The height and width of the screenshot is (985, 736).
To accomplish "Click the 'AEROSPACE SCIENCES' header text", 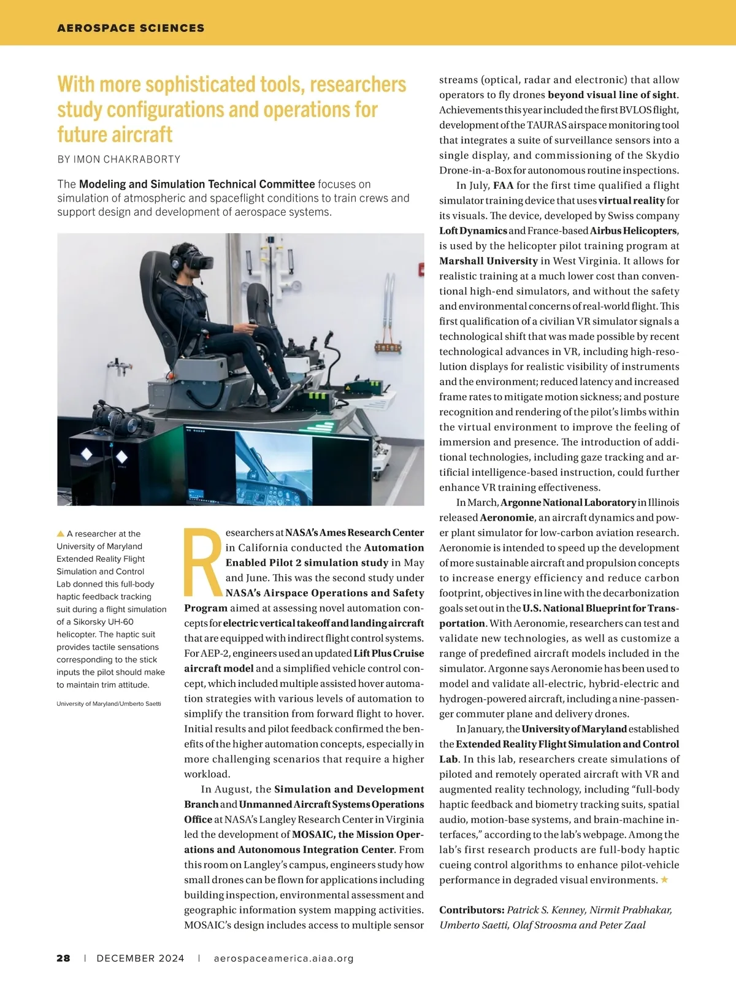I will [x=131, y=28].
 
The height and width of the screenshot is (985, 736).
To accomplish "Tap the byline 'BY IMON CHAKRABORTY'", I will [x=119, y=159].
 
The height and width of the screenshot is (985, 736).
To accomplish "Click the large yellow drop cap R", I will [x=203, y=562].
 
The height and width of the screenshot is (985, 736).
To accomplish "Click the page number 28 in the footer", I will [x=63, y=958].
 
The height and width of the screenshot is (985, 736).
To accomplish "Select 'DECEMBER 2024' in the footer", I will [x=140, y=958].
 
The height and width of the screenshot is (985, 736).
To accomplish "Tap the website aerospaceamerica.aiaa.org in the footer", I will [x=284, y=958].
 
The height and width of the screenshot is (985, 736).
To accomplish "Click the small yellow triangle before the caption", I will [x=61, y=534].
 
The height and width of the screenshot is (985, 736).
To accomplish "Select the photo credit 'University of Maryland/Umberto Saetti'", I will [x=109, y=703].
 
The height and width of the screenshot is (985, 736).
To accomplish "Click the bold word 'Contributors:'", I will [x=472, y=910].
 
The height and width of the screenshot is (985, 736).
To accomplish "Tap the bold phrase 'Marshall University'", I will [x=488, y=261].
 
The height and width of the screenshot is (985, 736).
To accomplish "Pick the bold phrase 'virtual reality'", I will [x=631, y=201].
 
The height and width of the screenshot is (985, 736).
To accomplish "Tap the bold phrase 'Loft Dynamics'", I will [x=473, y=231].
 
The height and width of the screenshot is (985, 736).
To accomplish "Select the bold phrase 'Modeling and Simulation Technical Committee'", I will [x=197, y=184].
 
